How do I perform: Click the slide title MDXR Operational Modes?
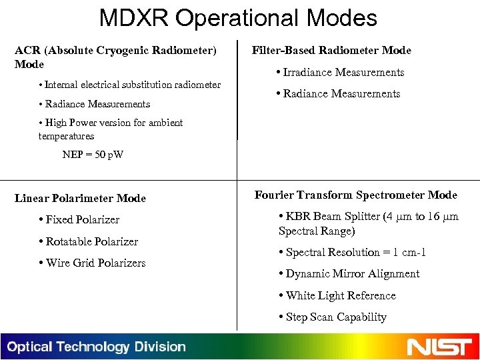239,17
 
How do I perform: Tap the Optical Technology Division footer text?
97,347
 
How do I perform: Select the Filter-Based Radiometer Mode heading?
331,51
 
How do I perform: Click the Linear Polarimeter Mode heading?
80,198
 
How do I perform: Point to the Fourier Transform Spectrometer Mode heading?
355,195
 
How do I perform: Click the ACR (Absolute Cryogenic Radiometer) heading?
115,51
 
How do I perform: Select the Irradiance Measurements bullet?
343,72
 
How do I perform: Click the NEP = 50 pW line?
93,155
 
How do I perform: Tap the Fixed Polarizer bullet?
82,219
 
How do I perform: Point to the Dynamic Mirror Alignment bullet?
352,274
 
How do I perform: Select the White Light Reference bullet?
340,295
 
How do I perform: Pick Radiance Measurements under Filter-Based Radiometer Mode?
341,94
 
